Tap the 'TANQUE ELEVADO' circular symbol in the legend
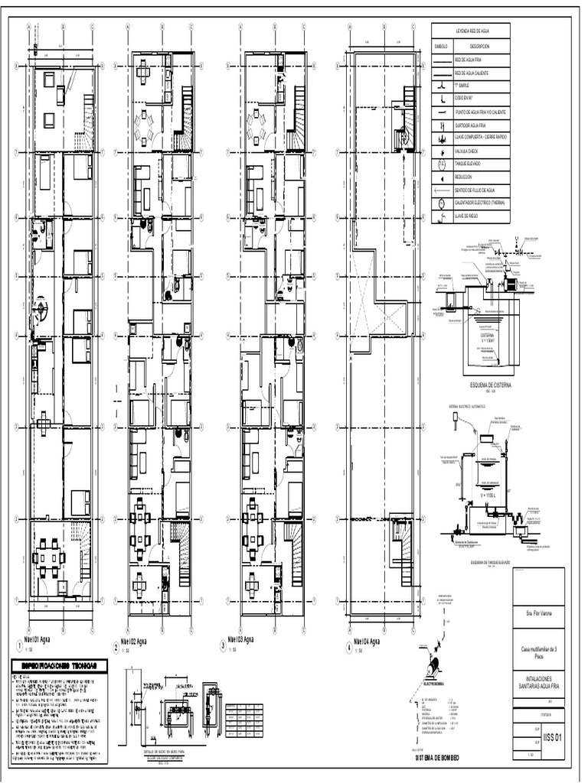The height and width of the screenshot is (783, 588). coord(442,164)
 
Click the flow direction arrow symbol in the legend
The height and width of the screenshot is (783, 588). coord(442,190)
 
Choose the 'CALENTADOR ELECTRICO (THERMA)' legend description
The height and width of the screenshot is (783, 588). coord(480,203)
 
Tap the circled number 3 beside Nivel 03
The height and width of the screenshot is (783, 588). coord(223,646)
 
